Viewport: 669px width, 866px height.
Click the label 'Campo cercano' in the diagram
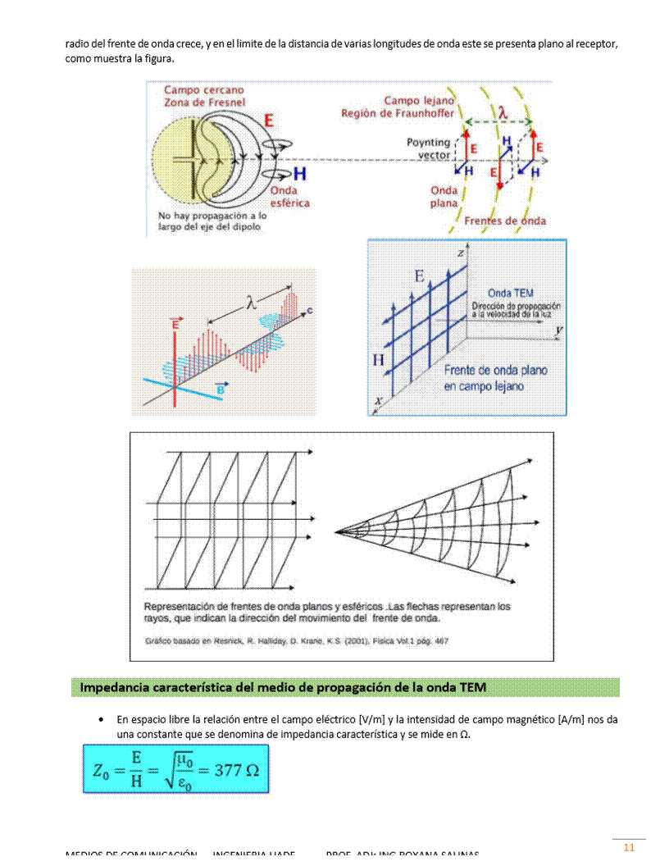(x=204, y=89)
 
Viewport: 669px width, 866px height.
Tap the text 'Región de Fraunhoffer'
(x=398, y=113)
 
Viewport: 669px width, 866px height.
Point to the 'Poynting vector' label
(x=429, y=148)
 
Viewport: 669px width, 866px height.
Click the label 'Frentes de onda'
(x=505, y=221)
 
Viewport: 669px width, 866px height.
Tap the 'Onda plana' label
(x=444, y=197)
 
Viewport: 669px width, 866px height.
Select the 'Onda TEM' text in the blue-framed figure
(x=511, y=293)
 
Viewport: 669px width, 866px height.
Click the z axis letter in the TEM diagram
(x=460, y=253)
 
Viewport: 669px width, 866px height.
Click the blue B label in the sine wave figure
(x=220, y=389)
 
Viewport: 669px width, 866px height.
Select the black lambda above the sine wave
(x=251, y=303)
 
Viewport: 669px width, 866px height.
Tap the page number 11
(x=629, y=847)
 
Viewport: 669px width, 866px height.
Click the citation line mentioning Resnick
(x=297, y=640)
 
